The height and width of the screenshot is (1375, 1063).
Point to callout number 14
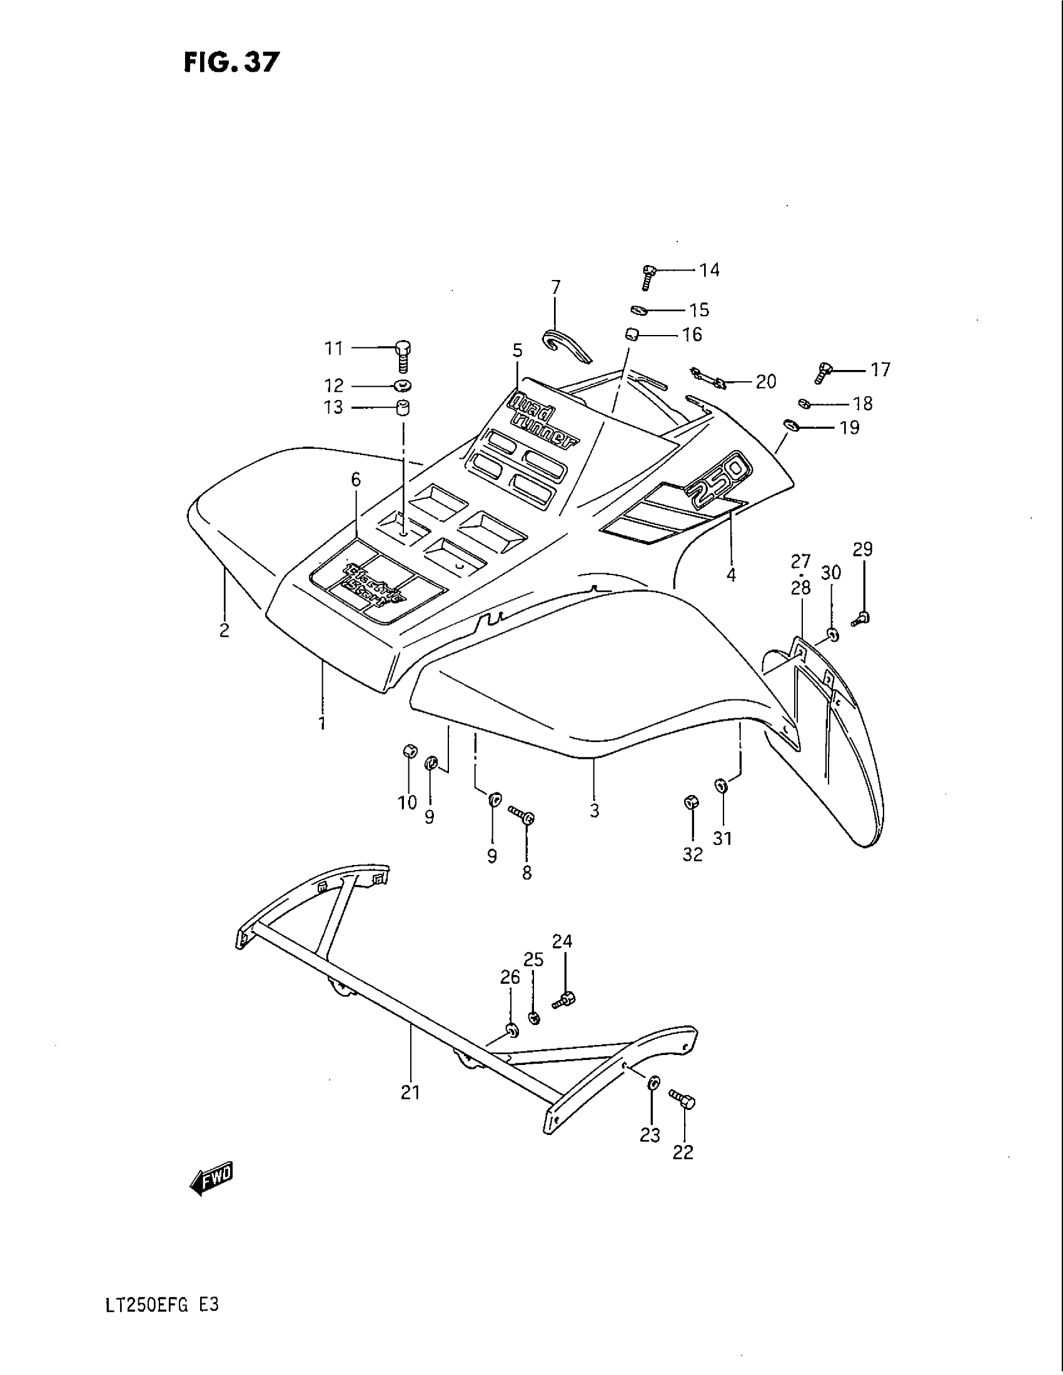(709, 270)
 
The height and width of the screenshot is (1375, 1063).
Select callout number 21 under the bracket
(410, 1092)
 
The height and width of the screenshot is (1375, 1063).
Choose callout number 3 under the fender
(595, 811)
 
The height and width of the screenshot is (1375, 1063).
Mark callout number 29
(863, 549)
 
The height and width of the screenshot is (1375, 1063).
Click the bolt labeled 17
(823, 372)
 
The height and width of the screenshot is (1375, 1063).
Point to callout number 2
(225, 630)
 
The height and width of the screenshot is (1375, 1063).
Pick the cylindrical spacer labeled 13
(402, 407)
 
